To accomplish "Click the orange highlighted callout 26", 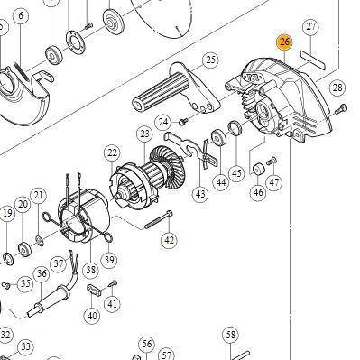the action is (x=284, y=42).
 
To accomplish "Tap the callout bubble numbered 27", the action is (x=311, y=27).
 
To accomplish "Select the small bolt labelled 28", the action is (x=341, y=109).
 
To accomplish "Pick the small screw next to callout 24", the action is (x=183, y=122).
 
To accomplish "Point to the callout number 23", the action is (x=144, y=134).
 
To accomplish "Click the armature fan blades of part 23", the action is (x=163, y=167).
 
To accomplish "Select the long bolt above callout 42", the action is (x=159, y=220).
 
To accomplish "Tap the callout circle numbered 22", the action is (x=112, y=153).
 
